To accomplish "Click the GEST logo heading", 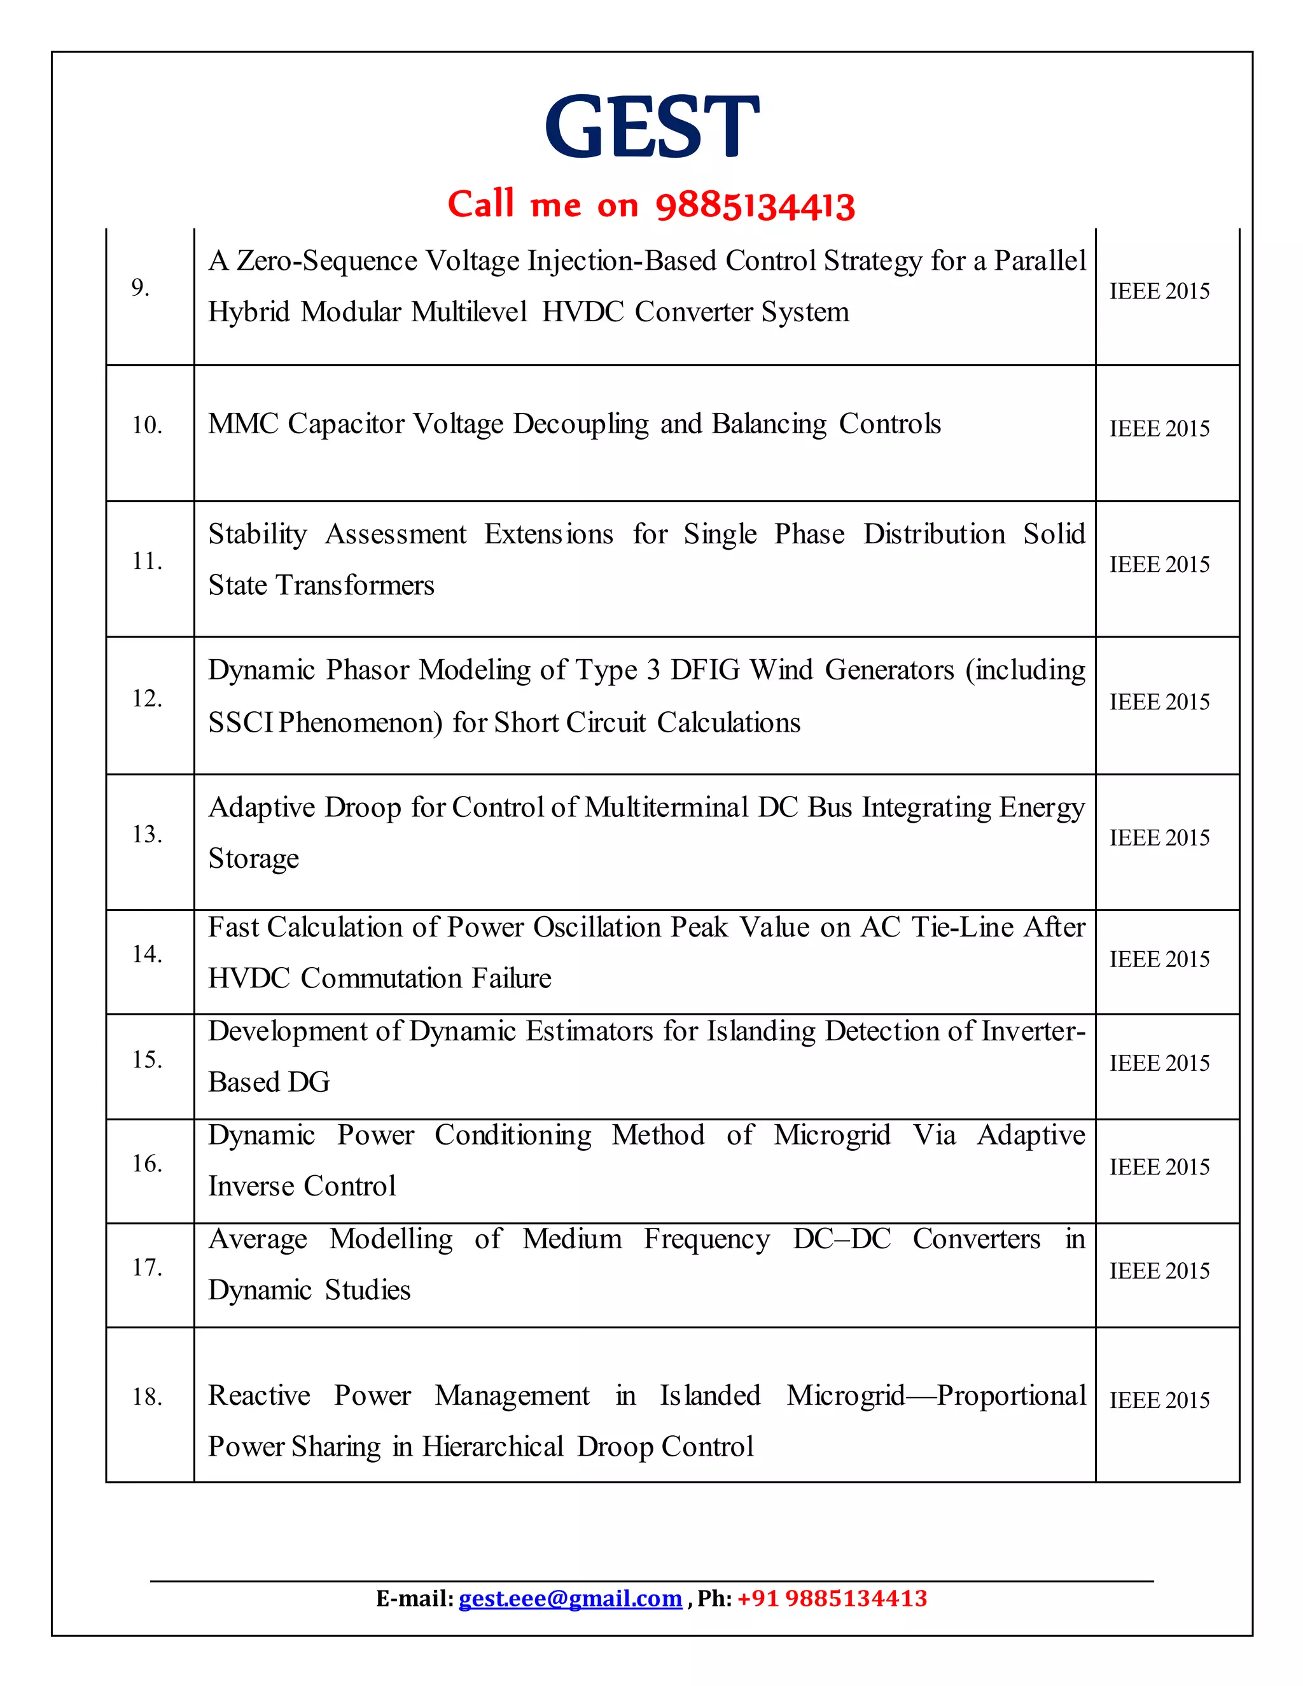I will (651, 126).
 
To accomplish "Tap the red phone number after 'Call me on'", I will (755, 206).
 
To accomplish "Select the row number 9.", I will (140, 287).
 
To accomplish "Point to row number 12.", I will (147, 699).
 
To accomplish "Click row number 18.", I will (147, 1397).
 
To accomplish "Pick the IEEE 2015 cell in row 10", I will (1159, 428).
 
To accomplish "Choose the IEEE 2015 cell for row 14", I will (1159, 959).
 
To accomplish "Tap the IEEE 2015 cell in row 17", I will (1159, 1271).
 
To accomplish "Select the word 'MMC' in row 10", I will (243, 424).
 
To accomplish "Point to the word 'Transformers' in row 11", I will (355, 585).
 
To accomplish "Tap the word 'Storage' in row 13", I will (253, 858).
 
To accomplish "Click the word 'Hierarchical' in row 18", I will (492, 1447).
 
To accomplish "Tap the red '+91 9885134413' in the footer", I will (832, 1598).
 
